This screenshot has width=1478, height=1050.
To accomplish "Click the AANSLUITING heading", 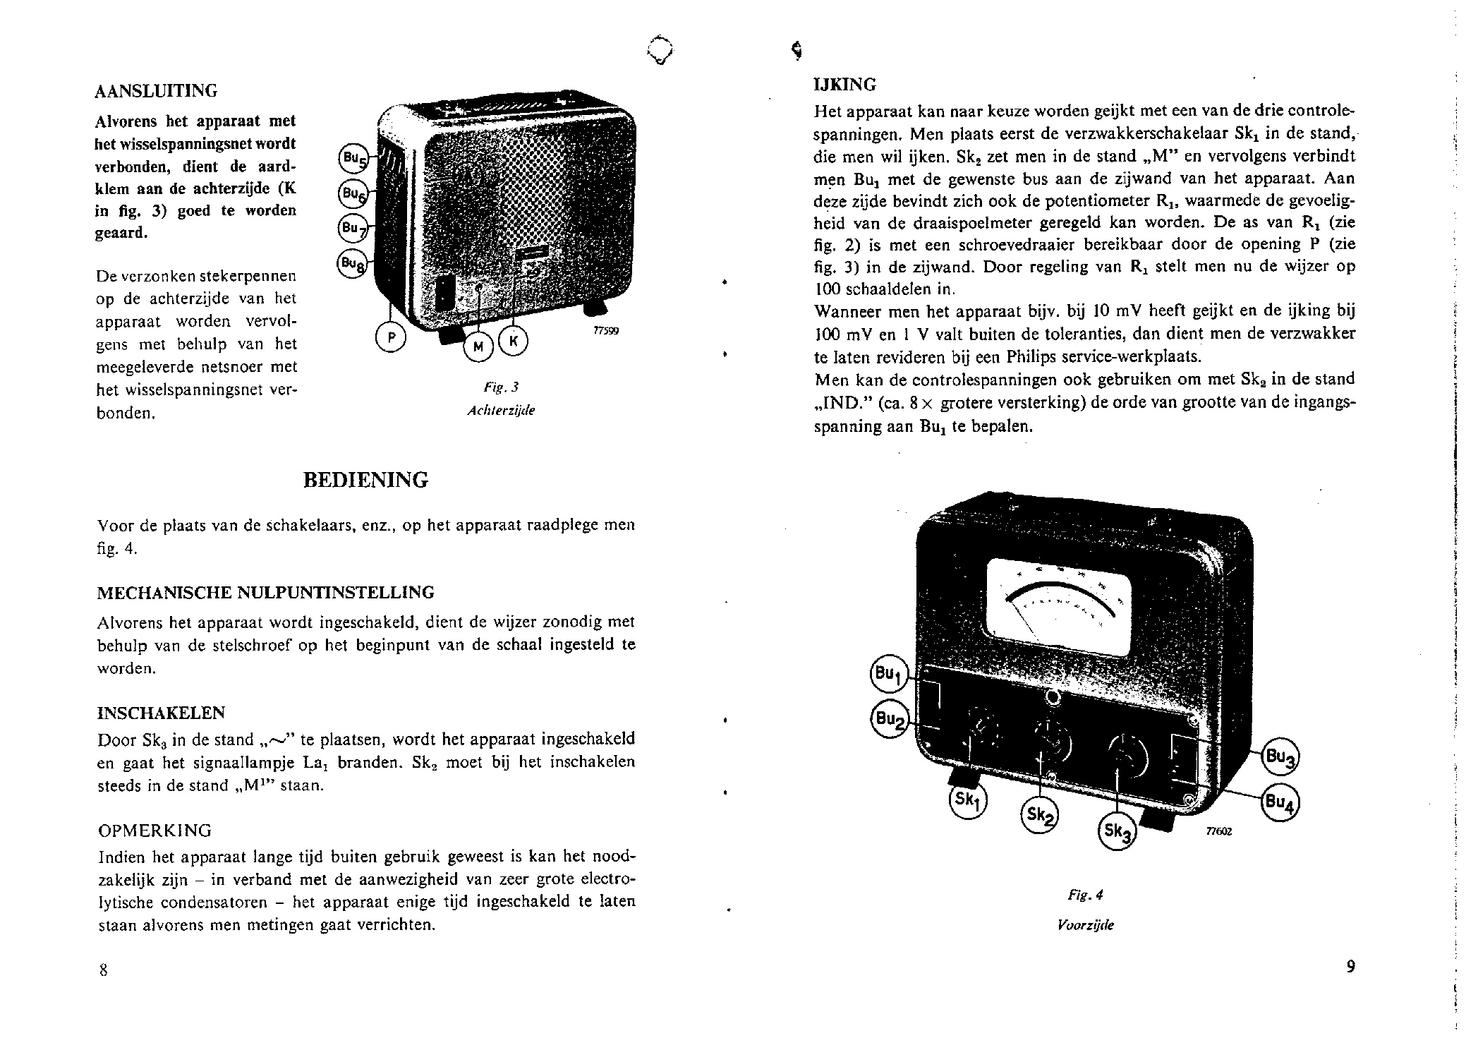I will (156, 91).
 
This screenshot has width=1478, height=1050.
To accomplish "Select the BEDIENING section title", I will (365, 481).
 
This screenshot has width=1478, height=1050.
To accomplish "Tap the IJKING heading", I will (844, 85).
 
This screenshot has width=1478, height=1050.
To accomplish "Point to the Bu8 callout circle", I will (352, 263).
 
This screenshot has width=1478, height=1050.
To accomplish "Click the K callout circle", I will (513, 342).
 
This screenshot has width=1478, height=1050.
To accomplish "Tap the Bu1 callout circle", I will (887, 675).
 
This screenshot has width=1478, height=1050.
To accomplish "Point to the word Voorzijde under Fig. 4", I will (1086, 925).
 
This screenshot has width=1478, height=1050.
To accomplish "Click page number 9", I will (1350, 967).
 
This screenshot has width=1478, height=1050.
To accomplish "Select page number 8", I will (103, 970).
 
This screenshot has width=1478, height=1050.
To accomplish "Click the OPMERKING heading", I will (154, 831).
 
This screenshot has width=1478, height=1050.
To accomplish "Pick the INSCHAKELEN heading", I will (161, 713).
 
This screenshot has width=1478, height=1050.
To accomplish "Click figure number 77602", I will (1218, 831).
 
